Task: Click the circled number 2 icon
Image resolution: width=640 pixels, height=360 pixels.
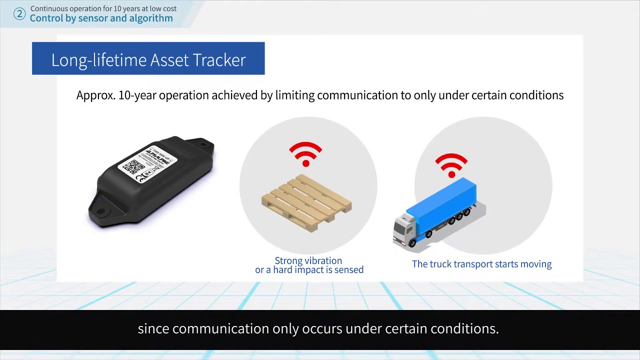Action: click(19, 13)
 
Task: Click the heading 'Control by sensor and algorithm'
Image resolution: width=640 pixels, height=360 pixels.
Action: click(101, 18)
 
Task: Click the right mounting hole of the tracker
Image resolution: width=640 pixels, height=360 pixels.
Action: click(203, 145)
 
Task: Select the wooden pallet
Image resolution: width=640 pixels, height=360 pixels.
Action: click(306, 202)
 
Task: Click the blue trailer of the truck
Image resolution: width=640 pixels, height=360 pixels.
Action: click(442, 202)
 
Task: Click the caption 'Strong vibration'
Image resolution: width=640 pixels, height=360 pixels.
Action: click(308, 260)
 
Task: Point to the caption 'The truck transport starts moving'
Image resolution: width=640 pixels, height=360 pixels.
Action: click(481, 264)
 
